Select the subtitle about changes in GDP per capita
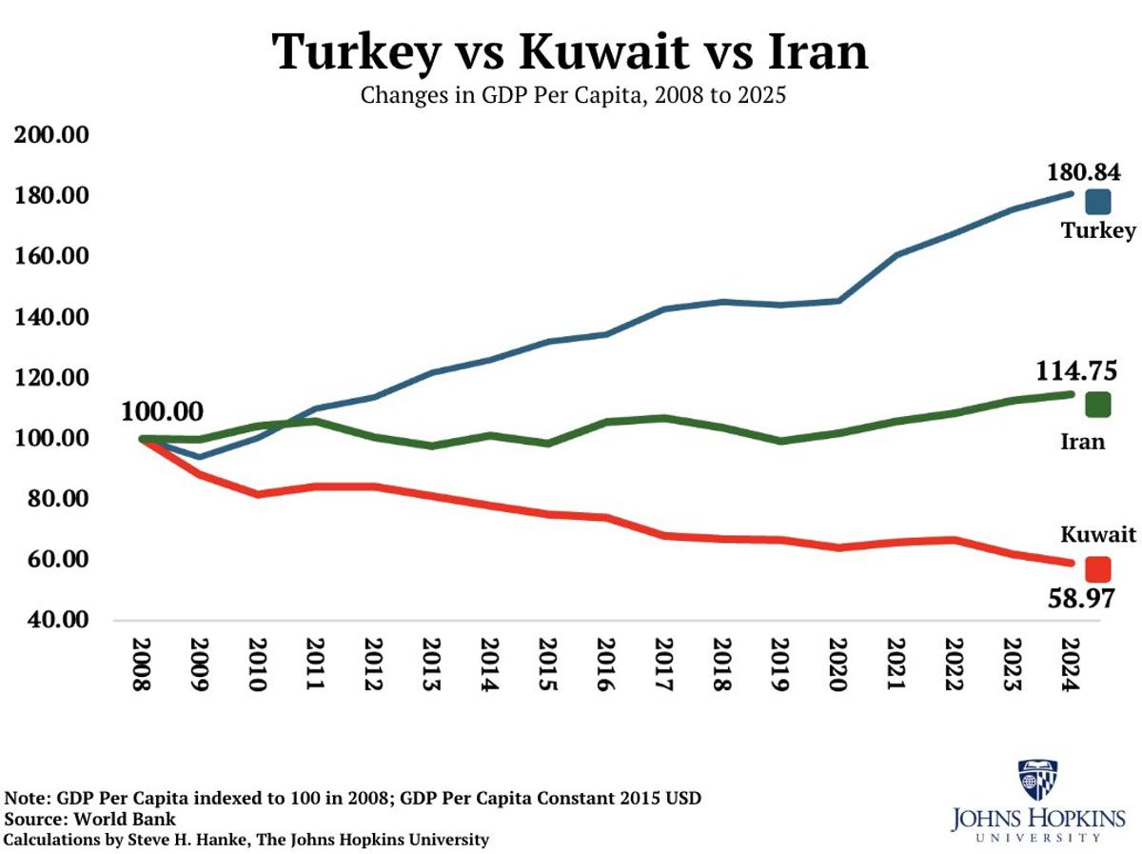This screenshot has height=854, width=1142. click(x=572, y=96)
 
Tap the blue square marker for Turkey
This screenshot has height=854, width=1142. click(x=1097, y=202)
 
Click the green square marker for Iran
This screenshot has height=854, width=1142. click(x=1097, y=405)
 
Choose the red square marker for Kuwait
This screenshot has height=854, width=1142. click(x=1097, y=569)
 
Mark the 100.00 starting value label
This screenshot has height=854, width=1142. click(x=162, y=411)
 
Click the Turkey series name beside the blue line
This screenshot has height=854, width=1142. click(x=1098, y=230)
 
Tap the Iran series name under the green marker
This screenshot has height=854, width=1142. click(x=1082, y=442)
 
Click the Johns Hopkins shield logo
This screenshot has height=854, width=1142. click(x=1037, y=780)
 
